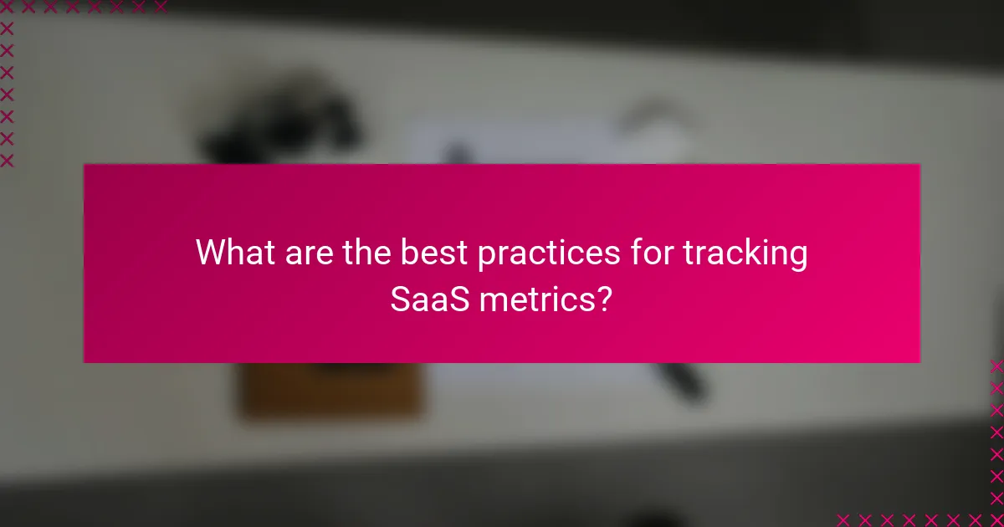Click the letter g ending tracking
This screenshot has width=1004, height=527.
(x=798, y=256)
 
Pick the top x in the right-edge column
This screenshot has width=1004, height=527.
(x=996, y=366)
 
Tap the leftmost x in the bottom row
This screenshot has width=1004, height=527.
(x=843, y=519)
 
